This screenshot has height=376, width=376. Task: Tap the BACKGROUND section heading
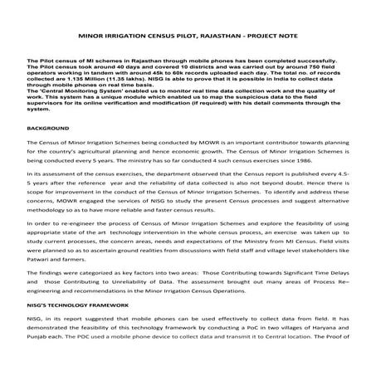tap(47, 152)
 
